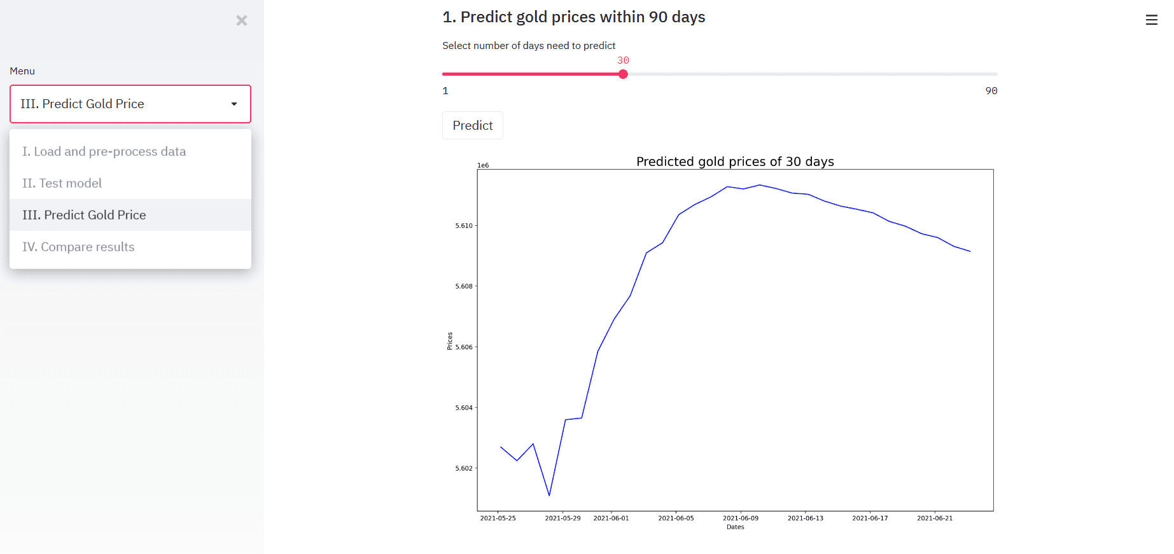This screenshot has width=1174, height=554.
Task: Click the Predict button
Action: (472, 125)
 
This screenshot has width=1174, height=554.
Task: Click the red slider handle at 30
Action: (623, 74)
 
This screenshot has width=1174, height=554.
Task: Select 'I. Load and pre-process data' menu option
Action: (104, 151)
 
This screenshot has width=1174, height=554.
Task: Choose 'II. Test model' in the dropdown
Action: (62, 183)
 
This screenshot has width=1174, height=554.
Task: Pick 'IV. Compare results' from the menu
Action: (78, 247)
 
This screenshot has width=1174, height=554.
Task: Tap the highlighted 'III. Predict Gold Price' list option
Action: (84, 215)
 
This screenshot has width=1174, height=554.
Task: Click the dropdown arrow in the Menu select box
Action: (234, 104)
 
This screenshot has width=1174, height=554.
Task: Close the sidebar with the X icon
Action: (242, 20)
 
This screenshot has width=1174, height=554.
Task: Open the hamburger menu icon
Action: (1151, 20)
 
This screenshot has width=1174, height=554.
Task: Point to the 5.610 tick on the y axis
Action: (464, 226)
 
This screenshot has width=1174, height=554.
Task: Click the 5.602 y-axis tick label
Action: (464, 469)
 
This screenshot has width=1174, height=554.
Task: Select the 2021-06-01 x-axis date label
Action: (611, 518)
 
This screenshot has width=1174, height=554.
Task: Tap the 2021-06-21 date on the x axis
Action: (935, 518)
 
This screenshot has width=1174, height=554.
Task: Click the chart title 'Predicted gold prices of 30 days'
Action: (735, 162)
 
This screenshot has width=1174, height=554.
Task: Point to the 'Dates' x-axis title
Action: (735, 527)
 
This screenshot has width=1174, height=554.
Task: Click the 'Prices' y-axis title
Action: (449, 341)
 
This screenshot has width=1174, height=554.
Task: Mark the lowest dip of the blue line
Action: (549, 495)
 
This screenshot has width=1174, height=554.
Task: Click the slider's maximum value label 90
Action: (991, 91)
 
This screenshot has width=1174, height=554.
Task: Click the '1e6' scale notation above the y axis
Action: (483, 165)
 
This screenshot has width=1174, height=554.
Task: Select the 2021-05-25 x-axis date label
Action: (498, 518)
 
